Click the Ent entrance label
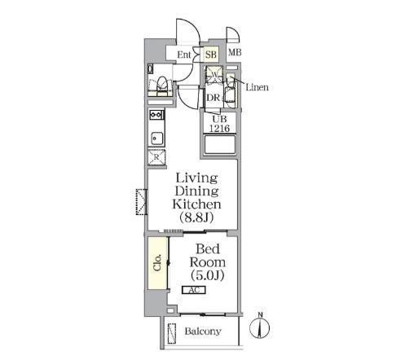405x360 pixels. click(x=184, y=55)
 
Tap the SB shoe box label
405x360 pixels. click(x=211, y=55)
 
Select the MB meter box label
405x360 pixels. click(x=235, y=52)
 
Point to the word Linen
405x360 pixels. click(x=257, y=87)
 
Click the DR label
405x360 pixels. click(x=213, y=98)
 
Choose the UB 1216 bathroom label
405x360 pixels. click(x=219, y=124)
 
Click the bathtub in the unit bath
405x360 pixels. click(x=220, y=145)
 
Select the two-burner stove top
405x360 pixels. click(x=156, y=115)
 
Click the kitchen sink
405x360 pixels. click(x=156, y=138)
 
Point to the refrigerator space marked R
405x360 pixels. click(x=156, y=157)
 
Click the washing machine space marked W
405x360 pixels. click(x=214, y=74)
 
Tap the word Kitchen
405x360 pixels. click(x=196, y=204)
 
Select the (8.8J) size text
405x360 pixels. click(x=196, y=217)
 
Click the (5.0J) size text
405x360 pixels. click(x=208, y=275)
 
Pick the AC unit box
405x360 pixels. click(x=194, y=290)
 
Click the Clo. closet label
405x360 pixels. click(x=157, y=262)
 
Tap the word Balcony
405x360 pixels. click(x=203, y=331)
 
